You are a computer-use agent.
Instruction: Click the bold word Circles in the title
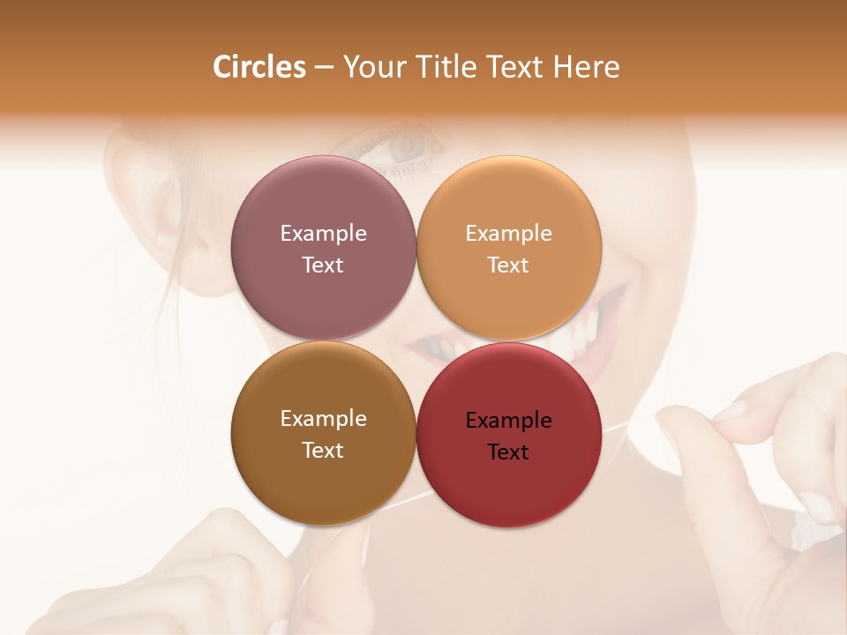pos(259,67)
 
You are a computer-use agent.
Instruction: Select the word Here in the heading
pos(586,67)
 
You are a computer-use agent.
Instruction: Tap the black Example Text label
pos(508,436)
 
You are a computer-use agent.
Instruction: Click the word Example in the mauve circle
pos(323,233)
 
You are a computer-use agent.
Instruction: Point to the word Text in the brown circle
pos(323,450)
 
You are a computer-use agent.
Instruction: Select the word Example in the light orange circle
pos(508,233)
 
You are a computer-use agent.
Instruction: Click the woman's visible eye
pos(408,146)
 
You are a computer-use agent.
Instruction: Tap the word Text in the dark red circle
pos(508,452)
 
